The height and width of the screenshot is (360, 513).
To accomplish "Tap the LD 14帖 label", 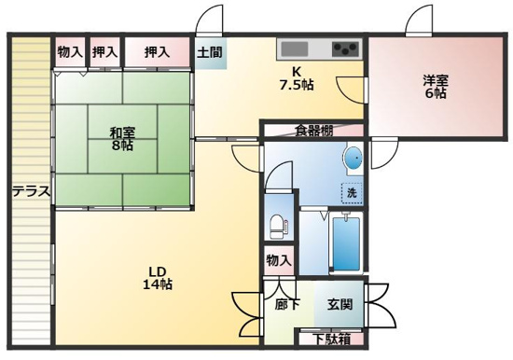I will [x=157, y=278].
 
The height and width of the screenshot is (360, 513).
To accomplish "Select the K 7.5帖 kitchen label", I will [x=297, y=78].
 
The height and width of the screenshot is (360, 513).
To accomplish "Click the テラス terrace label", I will [x=31, y=192].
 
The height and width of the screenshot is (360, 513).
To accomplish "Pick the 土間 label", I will [x=209, y=52].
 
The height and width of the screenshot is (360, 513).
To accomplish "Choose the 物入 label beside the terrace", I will [x=70, y=52].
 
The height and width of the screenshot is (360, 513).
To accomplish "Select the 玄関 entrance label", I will [x=338, y=304].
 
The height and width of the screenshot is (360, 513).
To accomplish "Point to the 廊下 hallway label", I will [x=287, y=304].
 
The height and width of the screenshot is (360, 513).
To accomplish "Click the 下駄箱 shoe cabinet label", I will [x=331, y=339].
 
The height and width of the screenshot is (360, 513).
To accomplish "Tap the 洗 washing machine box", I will [x=352, y=192].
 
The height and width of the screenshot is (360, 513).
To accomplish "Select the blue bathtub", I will [x=343, y=244].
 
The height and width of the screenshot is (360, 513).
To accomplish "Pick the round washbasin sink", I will [x=354, y=160].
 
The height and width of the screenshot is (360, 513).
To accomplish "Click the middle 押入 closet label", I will [x=105, y=52].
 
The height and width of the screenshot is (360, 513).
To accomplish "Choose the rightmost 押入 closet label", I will [x=157, y=52].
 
